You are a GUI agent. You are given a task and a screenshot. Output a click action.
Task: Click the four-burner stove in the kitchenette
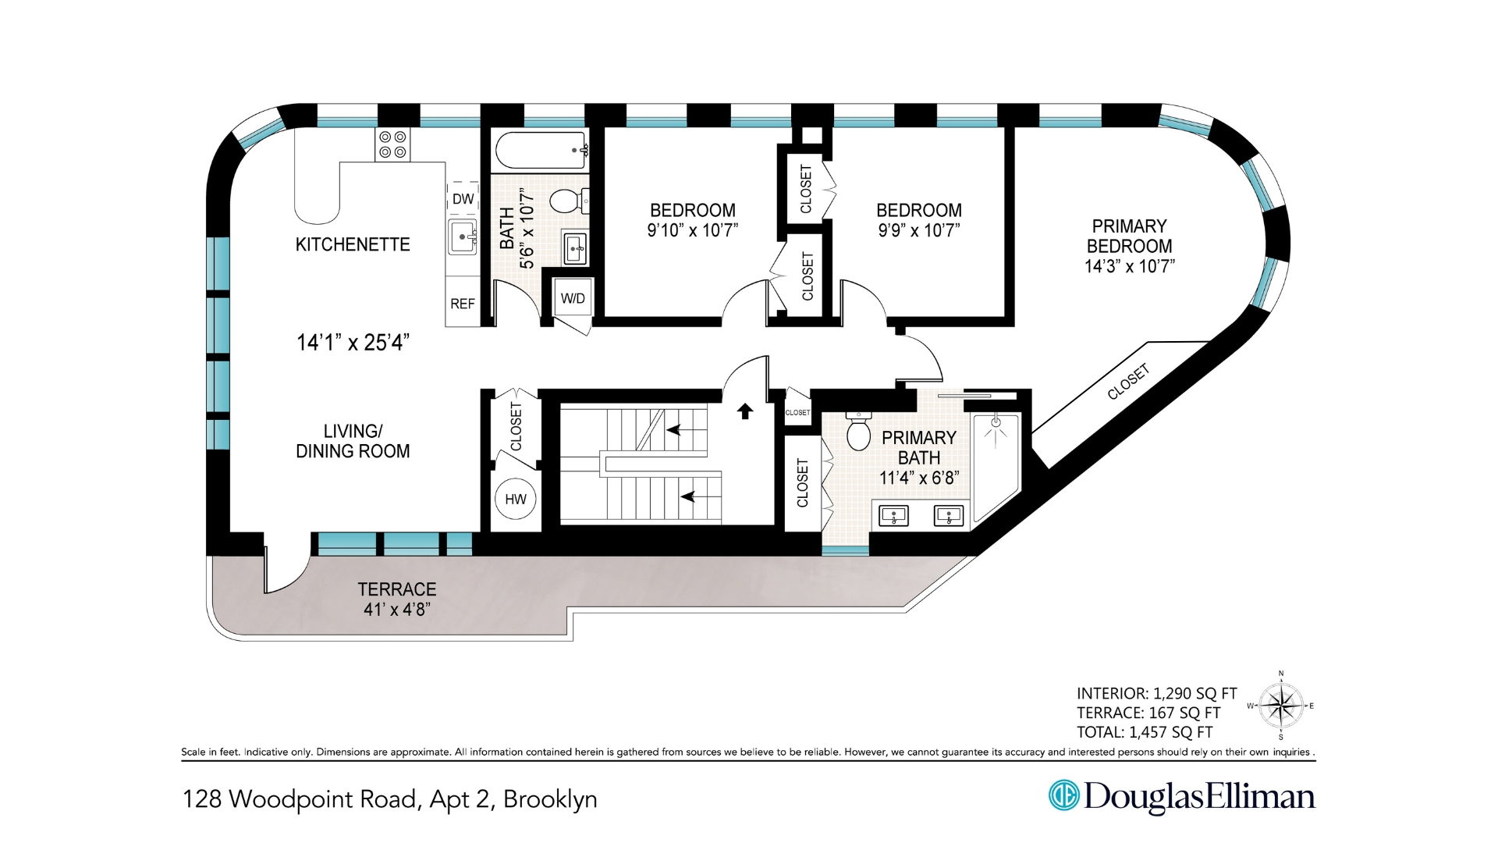tap(392, 144)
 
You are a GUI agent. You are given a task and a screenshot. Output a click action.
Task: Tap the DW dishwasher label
tap(463, 199)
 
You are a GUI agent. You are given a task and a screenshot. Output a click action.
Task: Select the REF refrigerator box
tap(463, 304)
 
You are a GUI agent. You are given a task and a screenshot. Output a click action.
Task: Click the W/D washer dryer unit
tap(573, 298)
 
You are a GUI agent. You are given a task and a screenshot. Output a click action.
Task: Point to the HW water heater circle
tap(516, 500)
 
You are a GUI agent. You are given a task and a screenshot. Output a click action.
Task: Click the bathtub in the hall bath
tap(541, 151)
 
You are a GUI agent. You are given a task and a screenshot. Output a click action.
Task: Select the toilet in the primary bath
tap(858, 434)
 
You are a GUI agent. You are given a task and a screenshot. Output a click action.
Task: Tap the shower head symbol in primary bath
tap(996, 424)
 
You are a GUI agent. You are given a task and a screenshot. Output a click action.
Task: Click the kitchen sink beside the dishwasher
tap(463, 236)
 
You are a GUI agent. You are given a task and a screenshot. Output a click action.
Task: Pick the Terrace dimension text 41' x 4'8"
tap(397, 610)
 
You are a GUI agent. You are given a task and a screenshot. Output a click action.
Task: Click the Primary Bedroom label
tap(1129, 236)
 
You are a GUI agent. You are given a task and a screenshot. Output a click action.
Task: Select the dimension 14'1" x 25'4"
tap(353, 343)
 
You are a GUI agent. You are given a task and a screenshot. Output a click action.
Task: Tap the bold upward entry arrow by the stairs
tap(745, 411)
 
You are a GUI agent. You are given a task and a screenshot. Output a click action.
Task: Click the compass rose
tap(1280, 706)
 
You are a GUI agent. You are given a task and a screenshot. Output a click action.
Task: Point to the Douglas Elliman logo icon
tap(1063, 795)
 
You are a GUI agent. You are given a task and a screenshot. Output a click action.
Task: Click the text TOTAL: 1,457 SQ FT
tap(1145, 732)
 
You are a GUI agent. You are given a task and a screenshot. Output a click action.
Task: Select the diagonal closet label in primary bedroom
tap(1128, 382)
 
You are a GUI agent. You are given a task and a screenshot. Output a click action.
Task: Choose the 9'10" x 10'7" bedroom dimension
tap(692, 230)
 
